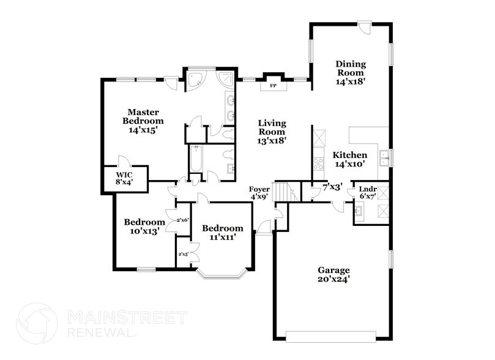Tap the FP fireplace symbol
[274, 86]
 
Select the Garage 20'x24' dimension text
[333, 274]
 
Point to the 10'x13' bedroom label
[144, 227]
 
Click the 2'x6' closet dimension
[182, 220]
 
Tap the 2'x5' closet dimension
[182, 254]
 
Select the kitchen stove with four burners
[318, 163]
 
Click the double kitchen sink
[384, 159]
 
